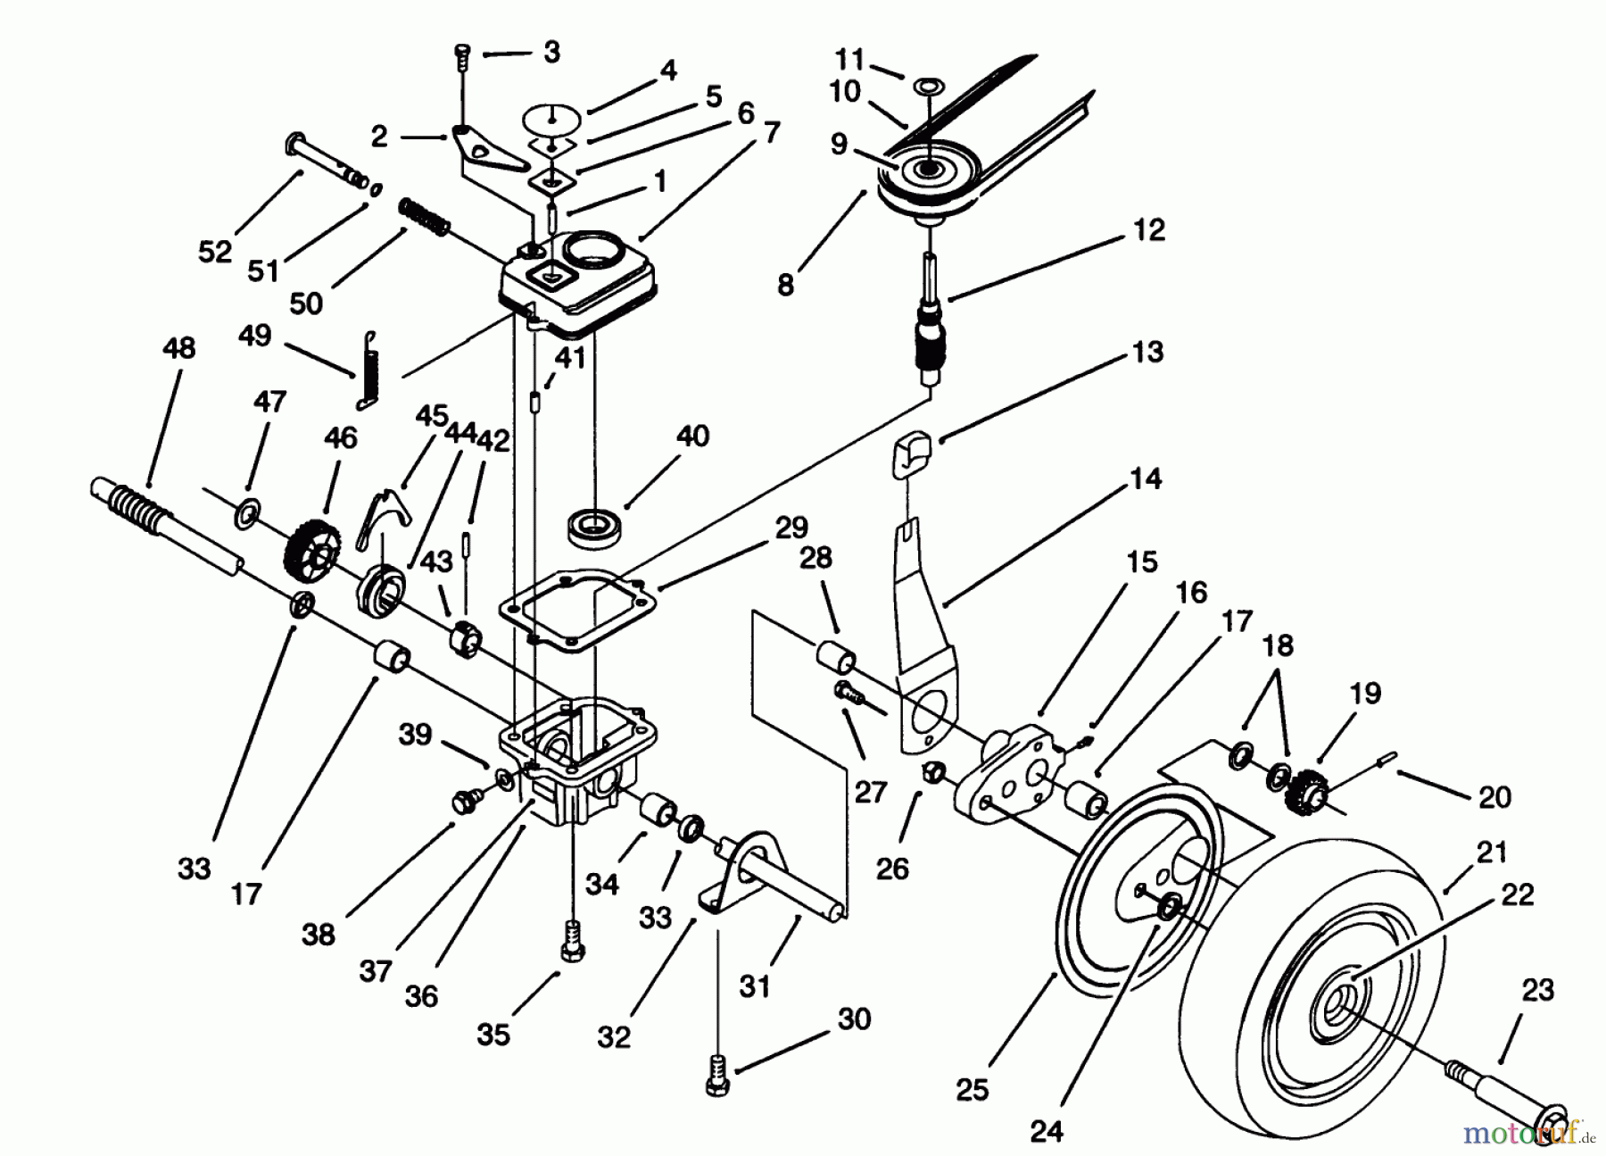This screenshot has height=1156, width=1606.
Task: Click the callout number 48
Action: (178, 347)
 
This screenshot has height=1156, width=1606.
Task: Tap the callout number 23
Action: (1537, 991)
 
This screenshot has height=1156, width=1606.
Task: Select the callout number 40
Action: (692, 437)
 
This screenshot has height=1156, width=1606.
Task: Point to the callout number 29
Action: (791, 528)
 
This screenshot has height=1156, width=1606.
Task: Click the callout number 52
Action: (214, 252)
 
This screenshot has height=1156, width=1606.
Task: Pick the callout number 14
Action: (1145, 479)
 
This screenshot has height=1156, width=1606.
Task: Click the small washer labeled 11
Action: (928, 86)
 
